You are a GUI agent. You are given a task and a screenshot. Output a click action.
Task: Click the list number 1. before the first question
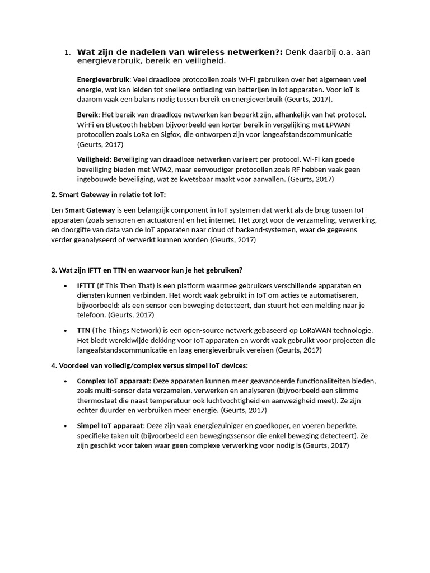(67, 53)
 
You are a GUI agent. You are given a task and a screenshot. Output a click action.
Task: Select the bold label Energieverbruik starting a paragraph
(103, 80)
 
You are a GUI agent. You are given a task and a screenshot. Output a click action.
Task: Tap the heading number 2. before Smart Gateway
(54, 194)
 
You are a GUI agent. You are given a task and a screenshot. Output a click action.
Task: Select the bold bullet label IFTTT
(86, 285)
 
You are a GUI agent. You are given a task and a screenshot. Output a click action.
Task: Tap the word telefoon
(90, 315)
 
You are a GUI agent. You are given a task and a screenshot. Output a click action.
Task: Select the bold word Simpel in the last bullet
(89, 426)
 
